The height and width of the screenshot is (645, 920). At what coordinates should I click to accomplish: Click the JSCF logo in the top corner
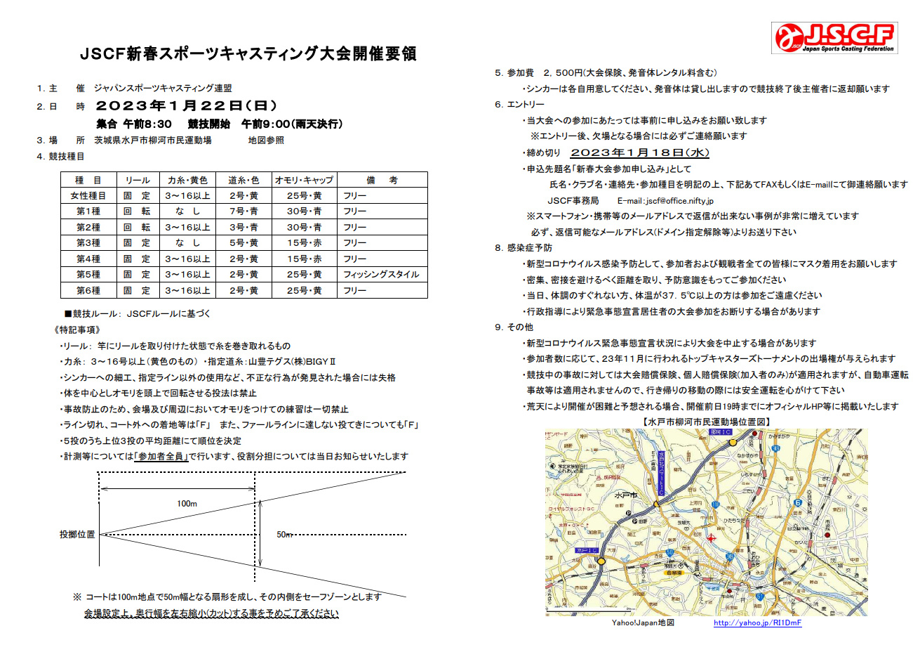(x=834, y=38)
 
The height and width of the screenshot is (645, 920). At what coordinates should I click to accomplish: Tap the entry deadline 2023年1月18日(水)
(x=640, y=152)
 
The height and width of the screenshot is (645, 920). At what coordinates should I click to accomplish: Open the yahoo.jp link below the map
(x=757, y=623)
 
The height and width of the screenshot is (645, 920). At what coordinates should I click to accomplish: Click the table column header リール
(x=137, y=180)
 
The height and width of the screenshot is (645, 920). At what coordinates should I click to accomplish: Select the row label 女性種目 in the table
(x=88, y=195)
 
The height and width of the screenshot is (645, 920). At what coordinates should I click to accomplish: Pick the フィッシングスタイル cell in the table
(x=381, y=274)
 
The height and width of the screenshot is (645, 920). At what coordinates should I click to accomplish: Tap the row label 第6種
(x=88, y=290)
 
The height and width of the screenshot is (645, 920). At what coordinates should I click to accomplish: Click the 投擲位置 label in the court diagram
(x=77, y=535)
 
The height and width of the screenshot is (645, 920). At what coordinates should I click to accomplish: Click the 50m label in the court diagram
(x=284, y=535)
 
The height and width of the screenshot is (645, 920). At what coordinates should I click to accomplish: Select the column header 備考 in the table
(x=381, y=180)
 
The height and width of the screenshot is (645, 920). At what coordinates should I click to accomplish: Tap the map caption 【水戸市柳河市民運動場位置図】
(x=706, y=421)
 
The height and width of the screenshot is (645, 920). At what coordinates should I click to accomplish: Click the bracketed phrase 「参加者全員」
(x=164, y=456)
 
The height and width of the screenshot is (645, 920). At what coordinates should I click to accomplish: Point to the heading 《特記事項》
(x=77, y=330)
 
